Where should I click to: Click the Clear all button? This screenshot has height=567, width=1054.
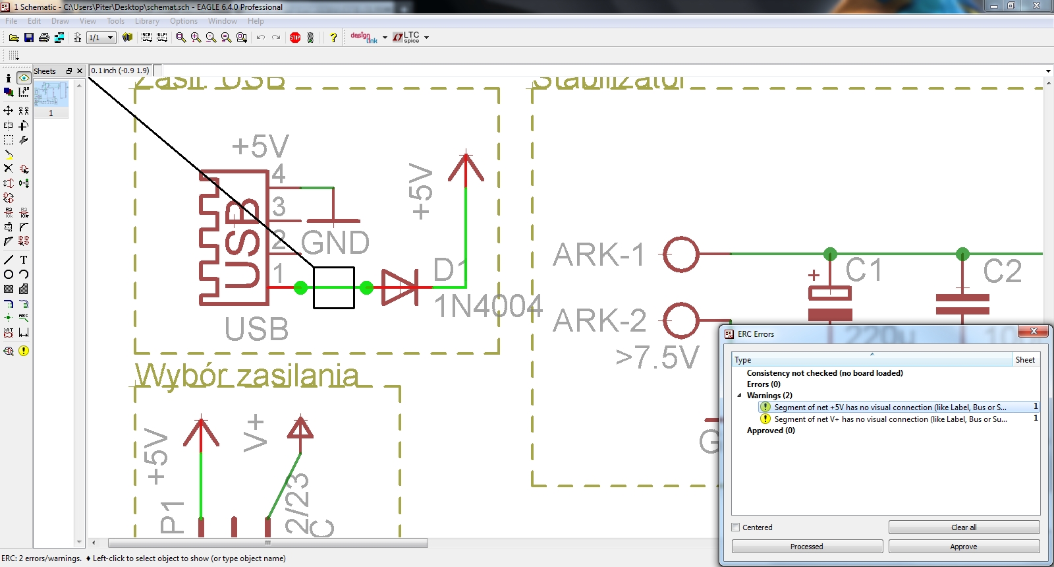tap(964, 527)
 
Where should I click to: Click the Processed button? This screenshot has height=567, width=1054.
tap(807, 547)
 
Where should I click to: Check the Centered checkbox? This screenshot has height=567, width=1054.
tap(736, 527)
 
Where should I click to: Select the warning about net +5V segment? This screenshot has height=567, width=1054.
tap(889, 407)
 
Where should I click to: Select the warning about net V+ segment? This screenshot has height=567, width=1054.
tap(889, 419)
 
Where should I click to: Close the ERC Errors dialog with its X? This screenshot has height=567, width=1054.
tap(1034, 331)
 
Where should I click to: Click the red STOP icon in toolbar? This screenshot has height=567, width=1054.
tap(295, 38)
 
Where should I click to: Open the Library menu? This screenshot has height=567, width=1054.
tap(147, 21)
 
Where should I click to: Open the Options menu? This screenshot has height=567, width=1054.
tap(183, 21)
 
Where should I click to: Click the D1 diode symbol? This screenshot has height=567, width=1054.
tap(399, 287)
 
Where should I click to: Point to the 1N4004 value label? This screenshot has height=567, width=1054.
tap(487, 306)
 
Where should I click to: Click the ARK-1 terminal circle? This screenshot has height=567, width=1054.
tap(680, 254)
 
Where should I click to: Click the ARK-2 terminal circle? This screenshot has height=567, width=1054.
tap(680, 320)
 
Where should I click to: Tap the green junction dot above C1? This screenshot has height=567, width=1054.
tap(830, 254)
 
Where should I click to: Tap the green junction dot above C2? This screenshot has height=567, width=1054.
tap(962, 254)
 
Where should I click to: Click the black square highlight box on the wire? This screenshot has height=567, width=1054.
tap(334, 287)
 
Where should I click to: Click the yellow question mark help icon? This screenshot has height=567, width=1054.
tap(333, 38)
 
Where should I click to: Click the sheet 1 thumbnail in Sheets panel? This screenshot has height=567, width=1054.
tap(51, 94)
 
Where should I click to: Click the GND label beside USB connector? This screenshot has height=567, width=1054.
tap(335, 243)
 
